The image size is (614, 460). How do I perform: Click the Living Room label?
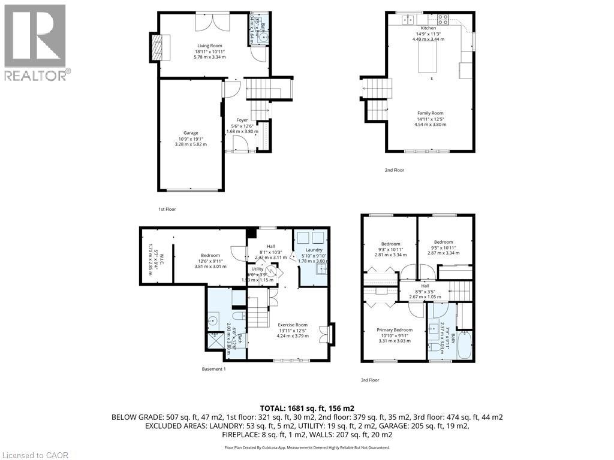207,46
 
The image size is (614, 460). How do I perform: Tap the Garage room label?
191,133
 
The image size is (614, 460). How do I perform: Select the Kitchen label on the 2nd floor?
428,28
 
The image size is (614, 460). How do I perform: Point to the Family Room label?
431,113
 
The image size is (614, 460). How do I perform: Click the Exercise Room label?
293,325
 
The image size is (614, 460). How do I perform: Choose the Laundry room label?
314,250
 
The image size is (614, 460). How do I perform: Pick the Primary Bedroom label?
394,330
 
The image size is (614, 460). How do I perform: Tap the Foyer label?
242,120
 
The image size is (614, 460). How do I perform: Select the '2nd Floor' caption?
394,170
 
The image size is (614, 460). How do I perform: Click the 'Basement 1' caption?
213,369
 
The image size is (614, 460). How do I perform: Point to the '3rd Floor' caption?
369,380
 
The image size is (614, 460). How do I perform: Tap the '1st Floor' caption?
167,209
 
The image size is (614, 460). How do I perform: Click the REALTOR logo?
36,42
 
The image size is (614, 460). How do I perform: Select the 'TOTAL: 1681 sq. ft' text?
307,407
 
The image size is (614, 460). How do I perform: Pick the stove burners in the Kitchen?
444,19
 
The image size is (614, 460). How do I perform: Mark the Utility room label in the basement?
257,270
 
